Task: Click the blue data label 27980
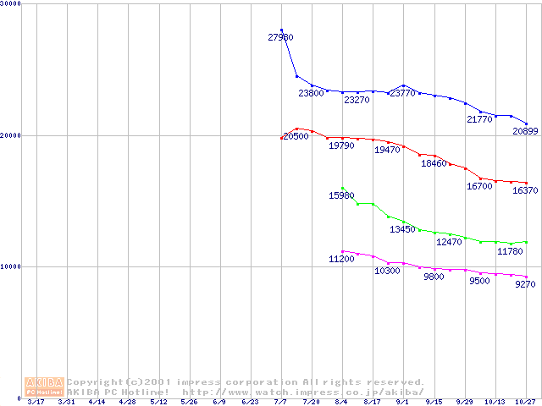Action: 280,37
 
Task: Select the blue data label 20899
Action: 526,131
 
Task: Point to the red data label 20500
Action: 296,136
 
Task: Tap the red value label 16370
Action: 526,191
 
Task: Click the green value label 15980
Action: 341,195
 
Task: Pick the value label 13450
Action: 402,229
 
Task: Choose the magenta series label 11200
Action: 341,259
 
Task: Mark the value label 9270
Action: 526,284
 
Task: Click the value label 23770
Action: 402,94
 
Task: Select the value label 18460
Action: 434,163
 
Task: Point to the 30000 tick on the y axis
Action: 11,4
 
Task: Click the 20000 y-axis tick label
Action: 11,135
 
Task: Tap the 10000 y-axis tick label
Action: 11,266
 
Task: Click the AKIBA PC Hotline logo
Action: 45,386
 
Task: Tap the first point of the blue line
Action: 281,30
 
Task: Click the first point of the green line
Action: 342,188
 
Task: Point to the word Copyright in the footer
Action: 94,382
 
